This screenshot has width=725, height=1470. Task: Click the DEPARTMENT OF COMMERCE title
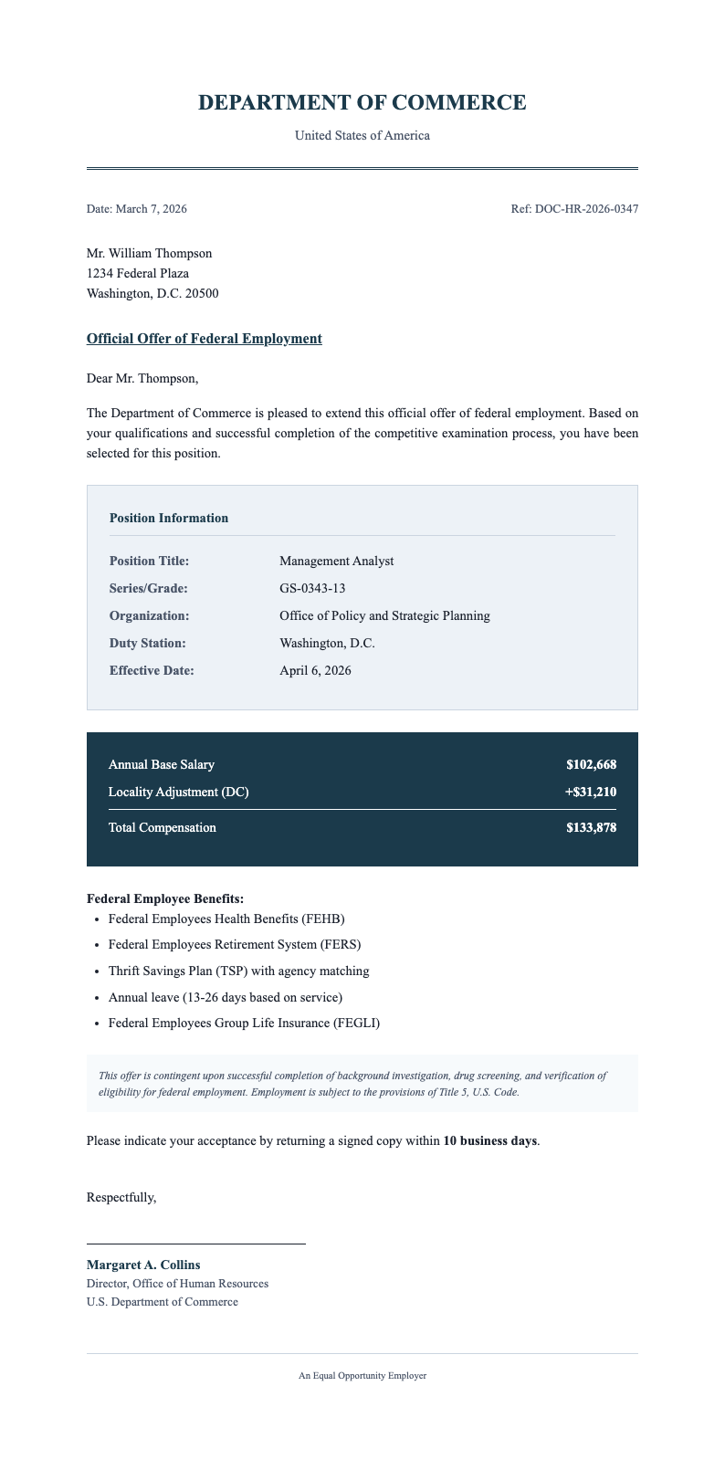click(x=362, y=103)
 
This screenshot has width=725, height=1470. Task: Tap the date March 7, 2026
click(x=151, y=209)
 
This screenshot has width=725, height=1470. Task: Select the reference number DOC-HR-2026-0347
click(x=586, y=209)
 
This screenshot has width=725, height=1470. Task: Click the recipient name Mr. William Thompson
click(x=149, y=253)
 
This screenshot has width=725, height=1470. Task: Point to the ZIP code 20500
click(x=201, y=293)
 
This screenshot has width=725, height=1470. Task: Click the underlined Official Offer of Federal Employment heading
click(x=204, y=339)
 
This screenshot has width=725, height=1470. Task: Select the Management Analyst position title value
click(x=336, y=561)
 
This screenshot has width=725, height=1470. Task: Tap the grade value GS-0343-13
click(x=312, y=588)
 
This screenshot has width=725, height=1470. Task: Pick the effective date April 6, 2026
click(x=315, y=670)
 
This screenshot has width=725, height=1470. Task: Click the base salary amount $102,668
click(x=591, y=764)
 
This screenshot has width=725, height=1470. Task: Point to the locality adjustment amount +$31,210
click(x=590, y=792)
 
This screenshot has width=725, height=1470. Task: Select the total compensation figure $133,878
click(x=591, y=828)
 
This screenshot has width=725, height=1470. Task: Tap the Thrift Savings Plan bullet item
click(x=238, y=971)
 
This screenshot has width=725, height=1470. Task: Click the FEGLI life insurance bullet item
click(x=244, y=1023)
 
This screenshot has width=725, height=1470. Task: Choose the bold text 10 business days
click(x=489, y=1140)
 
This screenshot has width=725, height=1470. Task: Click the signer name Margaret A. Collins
click(x=143, y=1265)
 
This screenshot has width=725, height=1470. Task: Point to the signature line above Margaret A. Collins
click(x=195, y=1244)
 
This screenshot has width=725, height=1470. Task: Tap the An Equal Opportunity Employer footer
click(x=362, y=1375)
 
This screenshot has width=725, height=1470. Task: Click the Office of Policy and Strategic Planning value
click(x=384, y=615)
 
